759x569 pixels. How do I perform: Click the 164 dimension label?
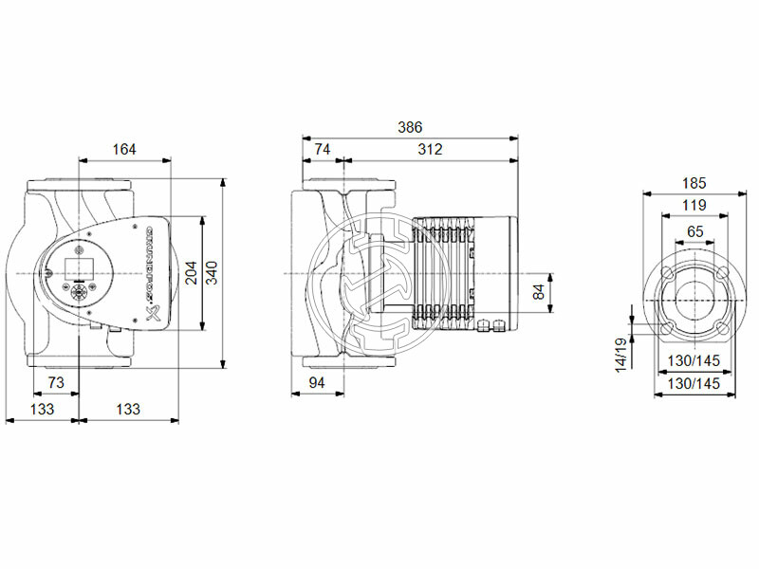click(123, 149)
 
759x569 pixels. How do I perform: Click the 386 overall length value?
click(409, 127)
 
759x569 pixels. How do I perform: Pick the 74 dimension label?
click(322, 149)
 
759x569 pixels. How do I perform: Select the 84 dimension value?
click(540, 292)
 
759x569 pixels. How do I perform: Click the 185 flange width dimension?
click(694, 183)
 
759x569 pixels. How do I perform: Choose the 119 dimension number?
click(694, 206)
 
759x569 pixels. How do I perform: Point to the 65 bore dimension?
click(694, 230)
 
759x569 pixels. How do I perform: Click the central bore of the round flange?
click(694, 302)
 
